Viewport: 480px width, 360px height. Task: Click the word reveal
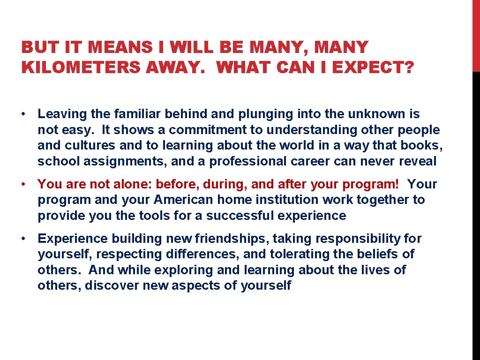pos(418,162)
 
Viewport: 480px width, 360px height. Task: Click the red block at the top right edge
pos(475,35)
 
